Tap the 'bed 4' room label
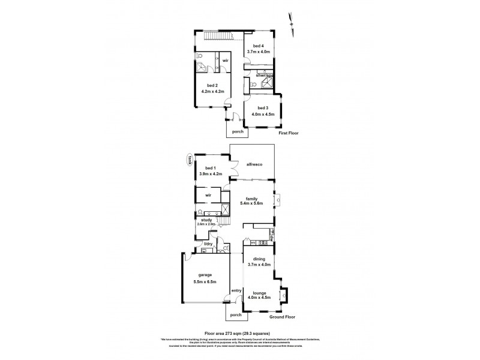coord(258,46)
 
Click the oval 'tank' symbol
coord(190,160)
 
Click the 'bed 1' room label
coord(210,168)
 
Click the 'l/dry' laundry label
coord(208,244)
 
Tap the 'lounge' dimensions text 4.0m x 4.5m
coord(260,296)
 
